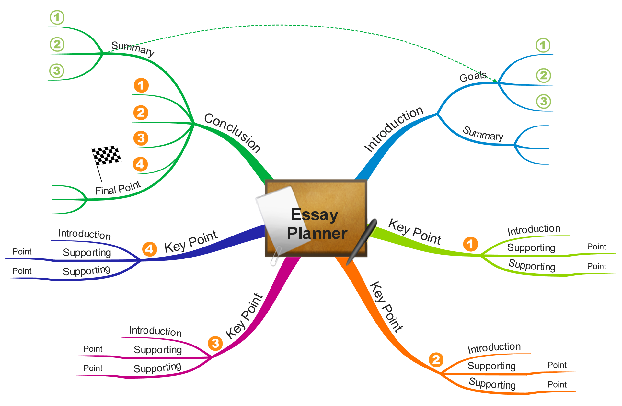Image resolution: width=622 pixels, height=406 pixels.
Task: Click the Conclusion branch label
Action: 232,133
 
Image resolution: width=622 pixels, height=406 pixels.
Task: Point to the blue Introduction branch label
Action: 394,128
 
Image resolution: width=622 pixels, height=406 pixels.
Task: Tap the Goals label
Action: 473,76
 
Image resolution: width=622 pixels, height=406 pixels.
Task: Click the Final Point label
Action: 118,188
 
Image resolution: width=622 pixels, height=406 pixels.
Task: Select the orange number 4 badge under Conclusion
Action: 140,164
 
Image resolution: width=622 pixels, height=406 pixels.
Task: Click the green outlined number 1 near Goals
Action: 543,45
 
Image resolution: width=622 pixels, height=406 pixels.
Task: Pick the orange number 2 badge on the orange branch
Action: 436,359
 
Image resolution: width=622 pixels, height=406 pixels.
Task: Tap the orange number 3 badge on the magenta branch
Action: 215,343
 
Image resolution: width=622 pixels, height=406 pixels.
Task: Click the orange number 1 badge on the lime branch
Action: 470,244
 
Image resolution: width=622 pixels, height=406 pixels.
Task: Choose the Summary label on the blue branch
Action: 483,133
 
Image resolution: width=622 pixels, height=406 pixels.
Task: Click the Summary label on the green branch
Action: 133,49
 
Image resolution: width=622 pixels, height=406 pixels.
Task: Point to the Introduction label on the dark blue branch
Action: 85,234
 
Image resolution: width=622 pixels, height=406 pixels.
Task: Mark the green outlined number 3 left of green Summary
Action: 57,71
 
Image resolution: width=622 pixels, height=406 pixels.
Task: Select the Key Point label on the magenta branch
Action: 244,316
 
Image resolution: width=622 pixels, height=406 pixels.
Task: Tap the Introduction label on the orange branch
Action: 494,348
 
